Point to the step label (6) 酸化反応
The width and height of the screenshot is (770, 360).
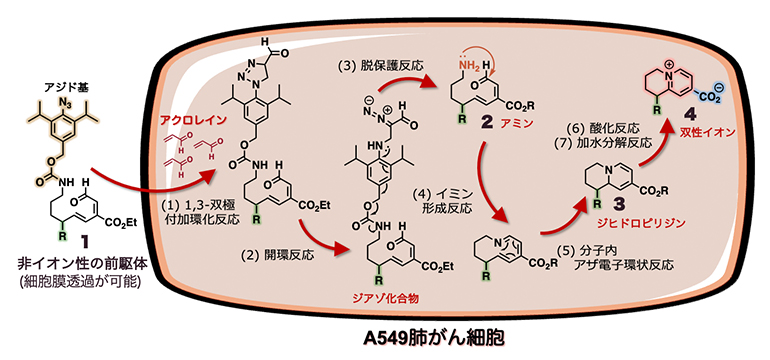pyautogui.click(x=603, y=130)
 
